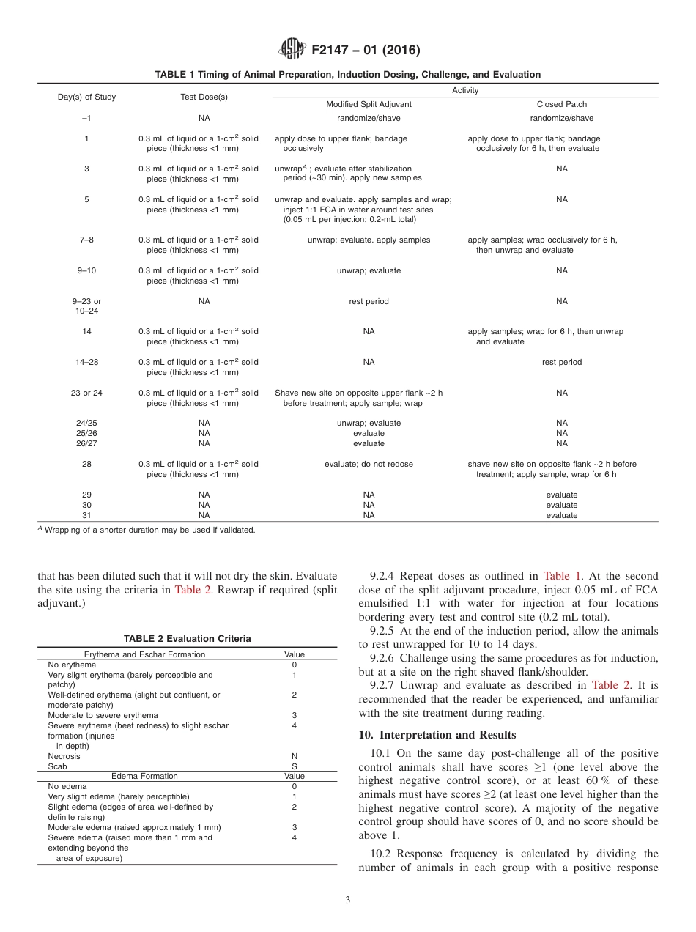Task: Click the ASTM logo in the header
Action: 293,50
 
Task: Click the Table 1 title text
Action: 347,75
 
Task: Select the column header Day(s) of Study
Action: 86,97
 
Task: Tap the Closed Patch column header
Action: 561,105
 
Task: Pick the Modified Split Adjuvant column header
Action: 369,105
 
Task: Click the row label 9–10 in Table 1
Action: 86,270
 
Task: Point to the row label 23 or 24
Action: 86,393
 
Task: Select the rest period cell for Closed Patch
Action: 561,362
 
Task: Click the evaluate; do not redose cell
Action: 369,464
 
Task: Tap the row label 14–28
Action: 86,362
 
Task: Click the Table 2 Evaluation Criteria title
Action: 187,639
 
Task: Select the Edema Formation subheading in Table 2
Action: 144,776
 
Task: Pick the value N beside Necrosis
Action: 294,756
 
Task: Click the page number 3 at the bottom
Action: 347,900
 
